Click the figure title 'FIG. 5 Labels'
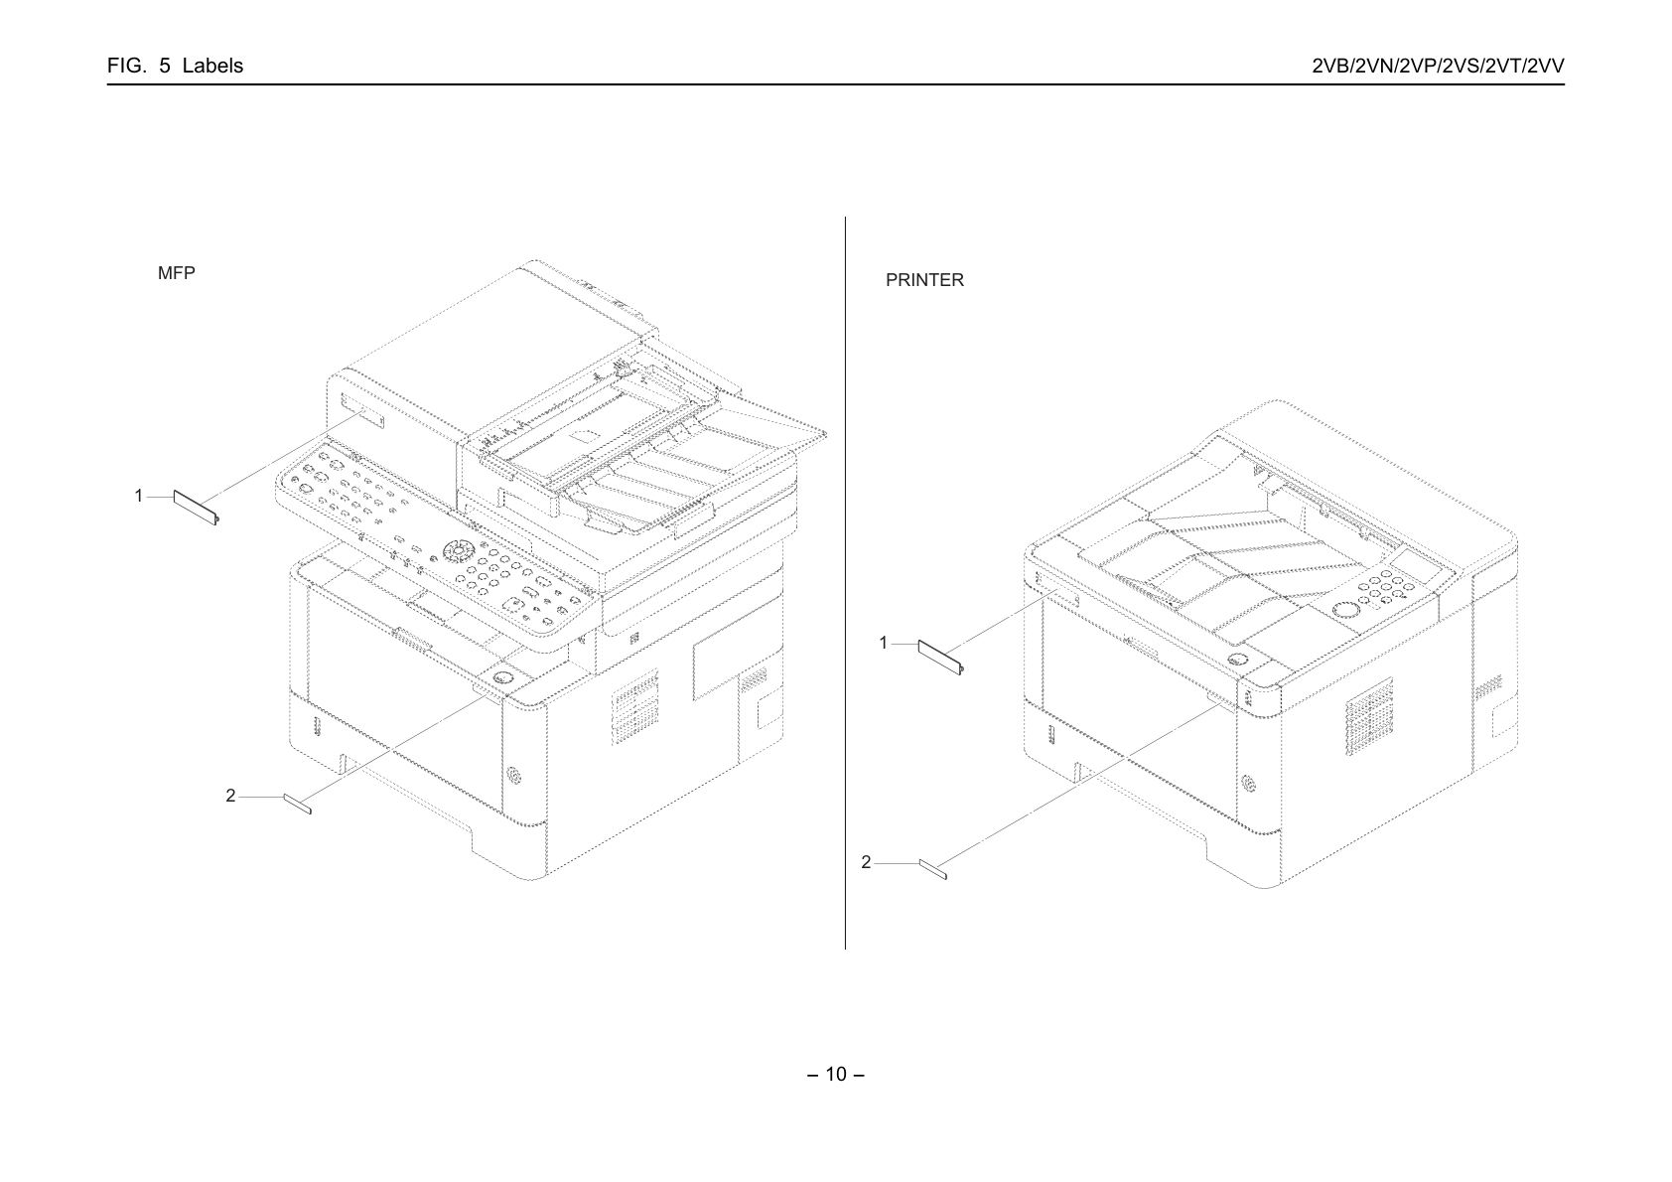click(175, 66)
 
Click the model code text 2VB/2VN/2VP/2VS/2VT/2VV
click(1438, 66)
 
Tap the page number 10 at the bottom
click(836, 1075)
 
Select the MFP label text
click(176, 273)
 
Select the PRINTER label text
click(924, 280)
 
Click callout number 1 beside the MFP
click(139, 496)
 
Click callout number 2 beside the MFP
click(230, 796)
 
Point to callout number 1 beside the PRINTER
click(884, 643)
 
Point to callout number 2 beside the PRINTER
click(866, 862)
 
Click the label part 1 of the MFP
click(196, 508)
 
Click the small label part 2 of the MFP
click(297, 805)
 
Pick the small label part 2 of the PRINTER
click(933, 869)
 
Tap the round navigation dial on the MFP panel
click(456, 551)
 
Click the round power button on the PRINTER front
click(1237, 660)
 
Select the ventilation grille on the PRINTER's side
click(1370, 715)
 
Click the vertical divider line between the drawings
click(845, 583)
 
